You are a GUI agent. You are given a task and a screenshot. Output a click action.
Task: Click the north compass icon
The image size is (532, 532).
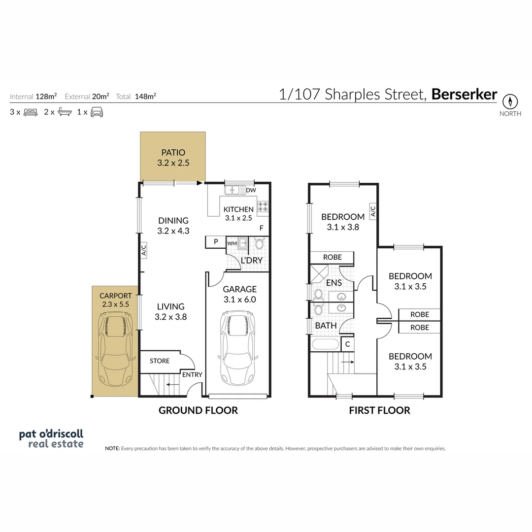click(510, 102)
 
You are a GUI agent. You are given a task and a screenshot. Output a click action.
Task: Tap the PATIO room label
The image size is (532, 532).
click(173, 153)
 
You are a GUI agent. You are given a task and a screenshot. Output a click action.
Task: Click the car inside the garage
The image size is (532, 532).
click(237, 350)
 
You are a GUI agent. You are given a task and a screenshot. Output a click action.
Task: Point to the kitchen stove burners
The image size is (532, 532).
click(263, 206)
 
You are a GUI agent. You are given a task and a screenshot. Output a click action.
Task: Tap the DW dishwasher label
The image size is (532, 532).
click(250, 190)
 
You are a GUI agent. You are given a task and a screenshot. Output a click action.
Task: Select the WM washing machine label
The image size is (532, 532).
click(232, 243)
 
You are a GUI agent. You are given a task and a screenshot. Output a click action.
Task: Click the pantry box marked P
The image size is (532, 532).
click(215, 242)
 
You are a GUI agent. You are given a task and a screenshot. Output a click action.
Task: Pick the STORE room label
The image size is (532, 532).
click(160, 361)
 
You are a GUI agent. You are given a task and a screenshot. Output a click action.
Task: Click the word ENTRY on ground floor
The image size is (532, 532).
click(192, 375)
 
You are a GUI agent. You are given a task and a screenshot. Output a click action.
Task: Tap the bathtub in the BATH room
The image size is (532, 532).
click(325, 344)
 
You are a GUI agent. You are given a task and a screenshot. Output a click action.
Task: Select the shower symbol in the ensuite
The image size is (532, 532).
click(319, 272)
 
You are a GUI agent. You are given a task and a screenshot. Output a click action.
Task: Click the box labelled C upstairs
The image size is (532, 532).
click(347, 344)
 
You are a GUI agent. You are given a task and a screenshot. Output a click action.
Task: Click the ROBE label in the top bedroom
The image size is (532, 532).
click(332, 257)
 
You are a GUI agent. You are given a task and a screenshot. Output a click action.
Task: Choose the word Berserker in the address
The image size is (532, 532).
click(464, 95)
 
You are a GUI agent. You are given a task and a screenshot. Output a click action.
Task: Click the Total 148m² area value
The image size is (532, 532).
click(145, 97)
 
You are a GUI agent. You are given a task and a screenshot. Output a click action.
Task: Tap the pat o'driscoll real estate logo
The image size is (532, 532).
click(51, 438)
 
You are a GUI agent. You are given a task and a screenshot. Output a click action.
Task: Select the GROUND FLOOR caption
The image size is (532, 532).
click(198, 410)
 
